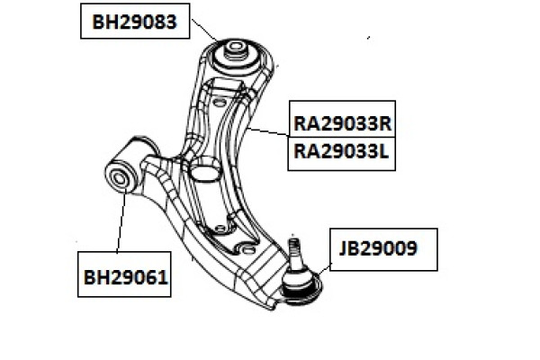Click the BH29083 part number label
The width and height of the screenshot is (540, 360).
pyautogui.click(x=135, y=22)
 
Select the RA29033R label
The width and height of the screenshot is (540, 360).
pyautogui.click(x=342, y=123)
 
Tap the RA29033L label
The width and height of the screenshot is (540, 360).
pyautogui.click(x=341, y=151)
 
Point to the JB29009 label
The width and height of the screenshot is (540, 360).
pyautogui.click(x=378, y=248)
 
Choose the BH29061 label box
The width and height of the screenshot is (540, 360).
pyautogui.click(x=124, y=274)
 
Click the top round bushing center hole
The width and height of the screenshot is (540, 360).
pyautogui.click(x=235, y=46)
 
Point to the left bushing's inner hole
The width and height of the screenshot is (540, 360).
pyautogui.click(x=119, y=178)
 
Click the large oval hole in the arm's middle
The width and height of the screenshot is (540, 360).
pyautogui.click(x=204, y=168)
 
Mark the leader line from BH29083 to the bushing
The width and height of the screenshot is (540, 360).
pyautogui.click(x=204, y=30)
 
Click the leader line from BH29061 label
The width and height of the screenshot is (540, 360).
pyautogui.click(x=121, y=220)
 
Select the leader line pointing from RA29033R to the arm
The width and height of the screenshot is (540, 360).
pyautogui.click(x=268, y=132)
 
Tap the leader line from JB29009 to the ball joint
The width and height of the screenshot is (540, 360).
pyautogui.click(x=324, y=269)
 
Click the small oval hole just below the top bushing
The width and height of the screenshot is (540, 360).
pyautogui.click(x=219, y=103)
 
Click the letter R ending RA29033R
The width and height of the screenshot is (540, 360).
pyautogui.click(x=385, y=123)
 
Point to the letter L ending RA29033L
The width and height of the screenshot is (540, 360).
pyautogui.click(x=383, y=151)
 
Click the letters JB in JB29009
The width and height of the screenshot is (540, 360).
pyautogui.click(x=349, y=248)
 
